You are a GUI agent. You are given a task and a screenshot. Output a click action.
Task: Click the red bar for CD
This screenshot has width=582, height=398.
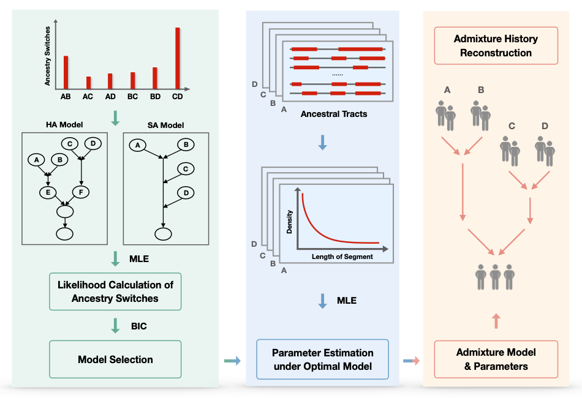178,58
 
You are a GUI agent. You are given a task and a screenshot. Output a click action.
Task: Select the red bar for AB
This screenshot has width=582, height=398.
66,72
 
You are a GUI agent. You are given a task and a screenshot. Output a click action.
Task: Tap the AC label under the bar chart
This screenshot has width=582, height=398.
88,96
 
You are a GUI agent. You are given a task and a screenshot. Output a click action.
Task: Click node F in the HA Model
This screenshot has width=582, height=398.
81,192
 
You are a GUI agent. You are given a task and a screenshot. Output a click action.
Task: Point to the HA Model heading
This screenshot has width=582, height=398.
64,125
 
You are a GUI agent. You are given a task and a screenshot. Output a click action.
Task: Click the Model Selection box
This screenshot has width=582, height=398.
115,359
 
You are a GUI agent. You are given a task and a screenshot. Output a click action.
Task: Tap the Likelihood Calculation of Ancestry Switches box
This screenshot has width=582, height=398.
115,291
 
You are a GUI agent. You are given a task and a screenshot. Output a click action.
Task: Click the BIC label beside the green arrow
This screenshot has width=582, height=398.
140,326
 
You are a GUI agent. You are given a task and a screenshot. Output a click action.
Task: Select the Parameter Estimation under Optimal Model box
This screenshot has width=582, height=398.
322,359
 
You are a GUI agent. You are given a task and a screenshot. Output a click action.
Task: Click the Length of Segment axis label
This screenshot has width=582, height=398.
342,257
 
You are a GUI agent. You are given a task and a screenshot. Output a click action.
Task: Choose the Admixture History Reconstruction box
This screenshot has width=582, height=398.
496,46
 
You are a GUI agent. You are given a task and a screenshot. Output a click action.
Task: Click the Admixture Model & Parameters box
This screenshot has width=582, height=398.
496,359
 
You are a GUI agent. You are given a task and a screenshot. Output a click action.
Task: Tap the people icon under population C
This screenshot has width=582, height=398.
510,150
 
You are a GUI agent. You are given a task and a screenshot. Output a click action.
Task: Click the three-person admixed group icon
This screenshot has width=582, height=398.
496,277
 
